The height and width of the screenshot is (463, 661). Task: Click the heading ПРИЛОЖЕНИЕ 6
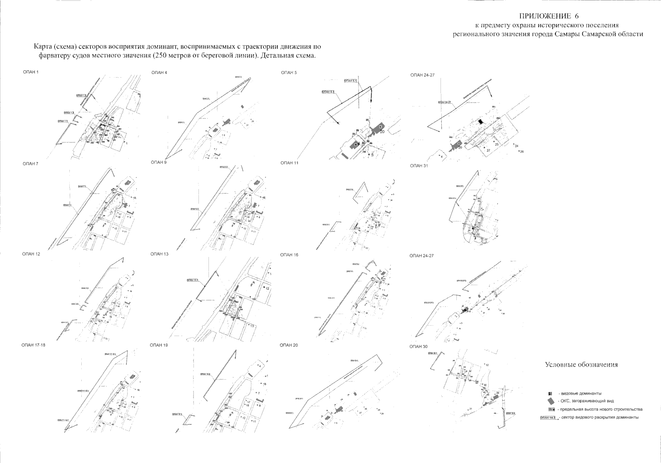tap(549, 16)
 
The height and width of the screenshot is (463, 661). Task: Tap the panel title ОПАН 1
tap(31, 72)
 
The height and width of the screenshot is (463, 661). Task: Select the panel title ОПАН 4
tap(159, 73)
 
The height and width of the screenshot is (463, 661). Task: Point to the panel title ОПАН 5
tap(289, 73)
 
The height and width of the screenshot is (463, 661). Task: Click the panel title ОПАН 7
tap(30, 164)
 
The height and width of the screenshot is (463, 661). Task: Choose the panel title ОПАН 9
tap(159, 162)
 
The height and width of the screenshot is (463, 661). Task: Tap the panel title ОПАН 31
tap(419, 166)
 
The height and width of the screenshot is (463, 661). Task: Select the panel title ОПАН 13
tap(160, 254)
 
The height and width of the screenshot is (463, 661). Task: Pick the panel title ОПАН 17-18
tap(33, 345)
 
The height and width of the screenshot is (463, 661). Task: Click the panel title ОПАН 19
tap(159, 345)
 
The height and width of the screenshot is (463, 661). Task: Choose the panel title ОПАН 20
tap(289, 345)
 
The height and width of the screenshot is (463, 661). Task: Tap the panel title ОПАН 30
tap(419, 346)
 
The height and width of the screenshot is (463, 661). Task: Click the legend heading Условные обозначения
tap(581, 365)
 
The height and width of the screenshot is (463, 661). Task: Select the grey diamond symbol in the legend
tap(550, 401)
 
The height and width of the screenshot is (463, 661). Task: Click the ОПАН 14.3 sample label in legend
tap(548, 417)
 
